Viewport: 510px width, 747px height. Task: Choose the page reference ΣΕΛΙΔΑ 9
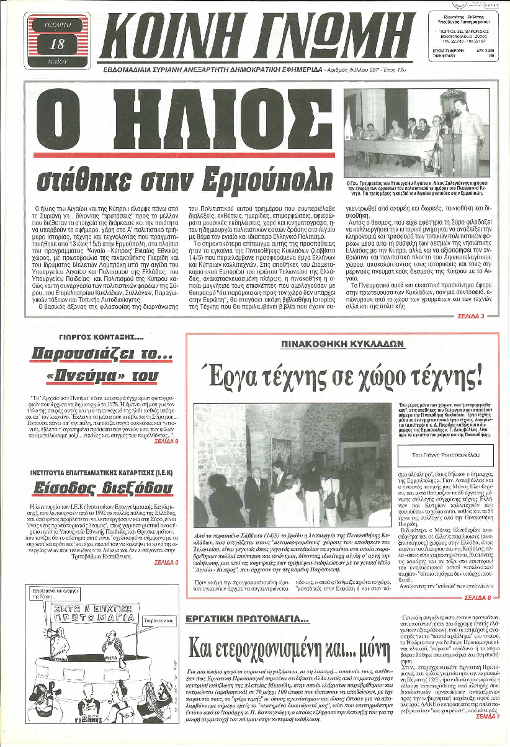[166, 441]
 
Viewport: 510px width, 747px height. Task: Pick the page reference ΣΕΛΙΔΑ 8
[475, 597]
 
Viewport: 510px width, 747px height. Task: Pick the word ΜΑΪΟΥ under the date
[53, 62]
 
